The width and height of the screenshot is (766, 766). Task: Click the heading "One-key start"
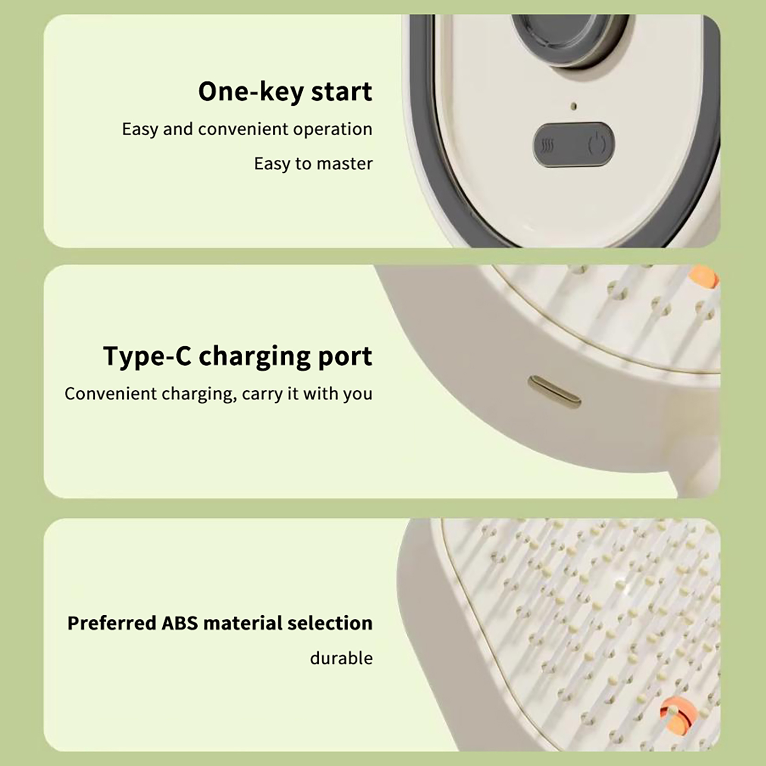(285, 91)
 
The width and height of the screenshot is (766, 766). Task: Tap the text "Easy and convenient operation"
(247, 129)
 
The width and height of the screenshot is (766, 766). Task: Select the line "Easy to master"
(313, 164)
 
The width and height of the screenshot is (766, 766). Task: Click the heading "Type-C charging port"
(237, 356)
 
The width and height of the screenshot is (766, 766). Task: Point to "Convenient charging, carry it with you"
(218, 394)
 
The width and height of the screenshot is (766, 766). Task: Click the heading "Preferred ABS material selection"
(220, 623)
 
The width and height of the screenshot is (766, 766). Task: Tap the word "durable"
(341, 658)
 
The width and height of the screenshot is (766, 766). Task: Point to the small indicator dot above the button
(574, 106)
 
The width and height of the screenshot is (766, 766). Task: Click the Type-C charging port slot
(554, 391)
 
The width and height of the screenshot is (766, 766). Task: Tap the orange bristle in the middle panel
(705, 278)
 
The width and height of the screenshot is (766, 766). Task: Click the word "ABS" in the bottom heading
(180, 623)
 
